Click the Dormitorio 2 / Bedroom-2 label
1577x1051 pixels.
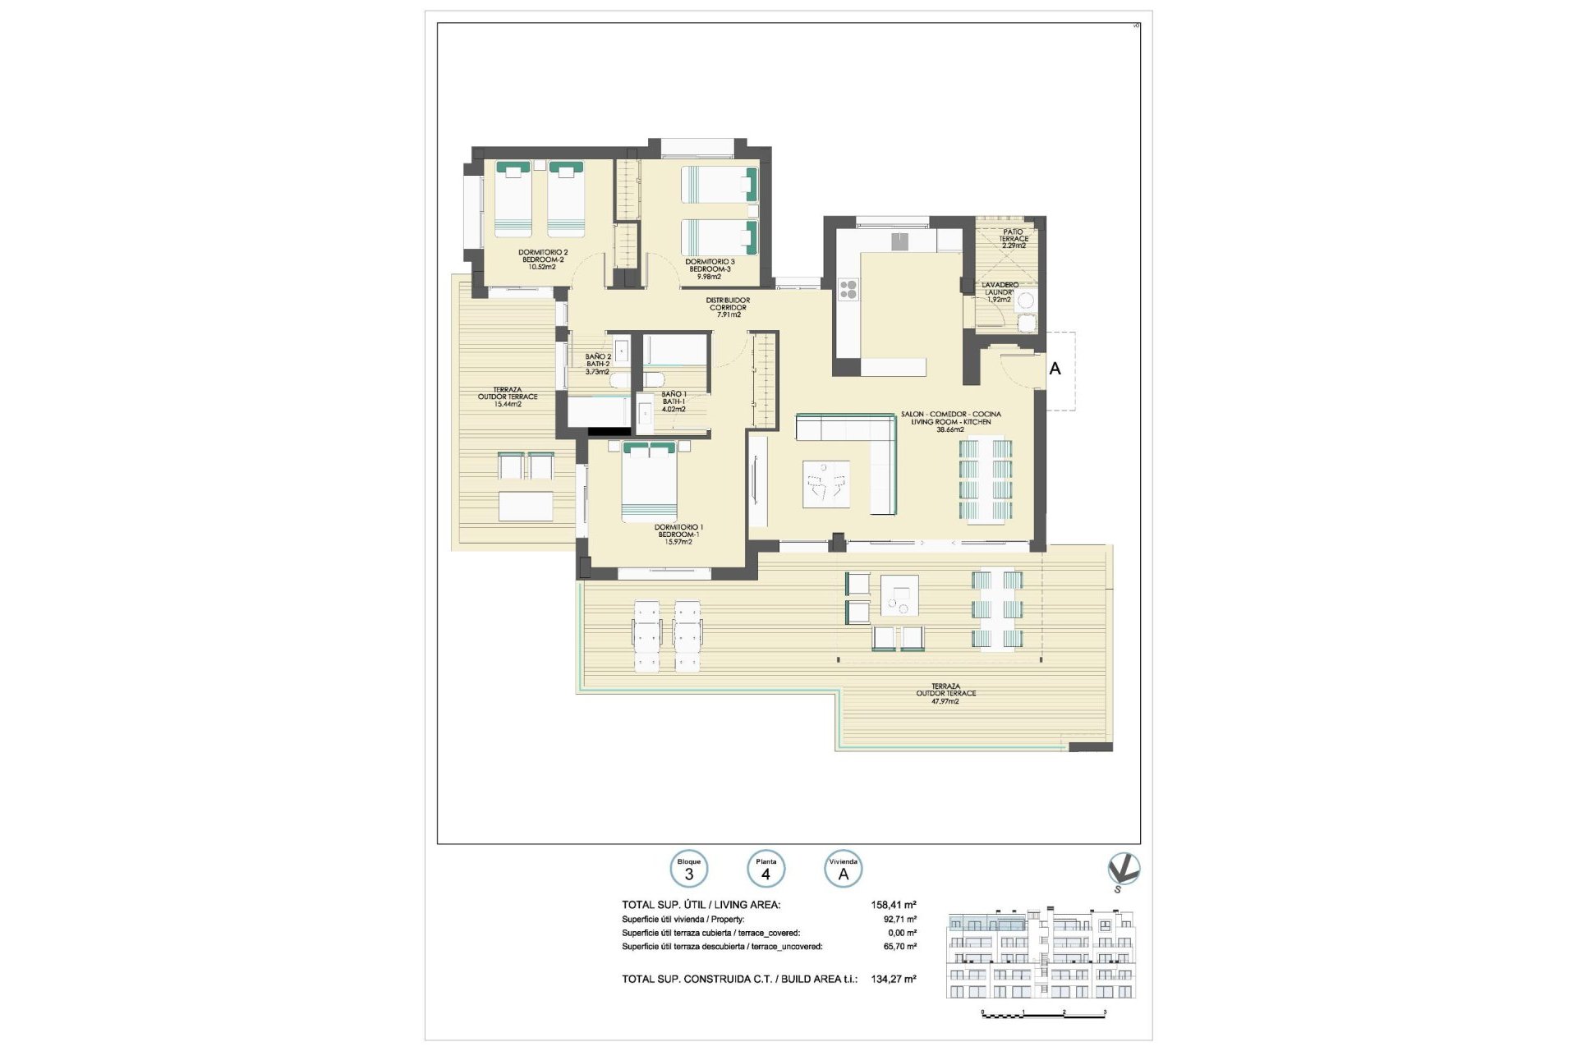coord(542,259)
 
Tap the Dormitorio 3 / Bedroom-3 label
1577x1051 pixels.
coord(710,269)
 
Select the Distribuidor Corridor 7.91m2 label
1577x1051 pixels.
coord(728,307)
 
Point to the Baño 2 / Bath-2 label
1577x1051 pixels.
coord(597,364)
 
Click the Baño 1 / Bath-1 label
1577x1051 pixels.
coord(674,402)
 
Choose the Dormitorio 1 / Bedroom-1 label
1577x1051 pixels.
coord(678,535)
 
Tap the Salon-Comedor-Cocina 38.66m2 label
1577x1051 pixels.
coord(950,421)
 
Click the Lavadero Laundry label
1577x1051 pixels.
coord(1000,292)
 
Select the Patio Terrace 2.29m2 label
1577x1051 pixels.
coord(1014,239)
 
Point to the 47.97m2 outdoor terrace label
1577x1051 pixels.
coord(945,694)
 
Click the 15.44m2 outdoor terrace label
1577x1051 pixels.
coord(508,397)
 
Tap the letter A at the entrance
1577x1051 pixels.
coord(1055,369)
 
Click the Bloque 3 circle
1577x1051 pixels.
coord(689,869)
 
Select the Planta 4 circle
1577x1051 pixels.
coord(766,869)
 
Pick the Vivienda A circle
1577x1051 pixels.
coord(843,869)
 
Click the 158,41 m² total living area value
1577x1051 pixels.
coord(893,905)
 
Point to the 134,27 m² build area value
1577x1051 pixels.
coord(893,979)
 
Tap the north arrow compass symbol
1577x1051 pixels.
coord(1123,871)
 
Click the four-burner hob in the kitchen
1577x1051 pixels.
coord(848,289)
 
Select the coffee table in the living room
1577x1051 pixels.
coord(826,484)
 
